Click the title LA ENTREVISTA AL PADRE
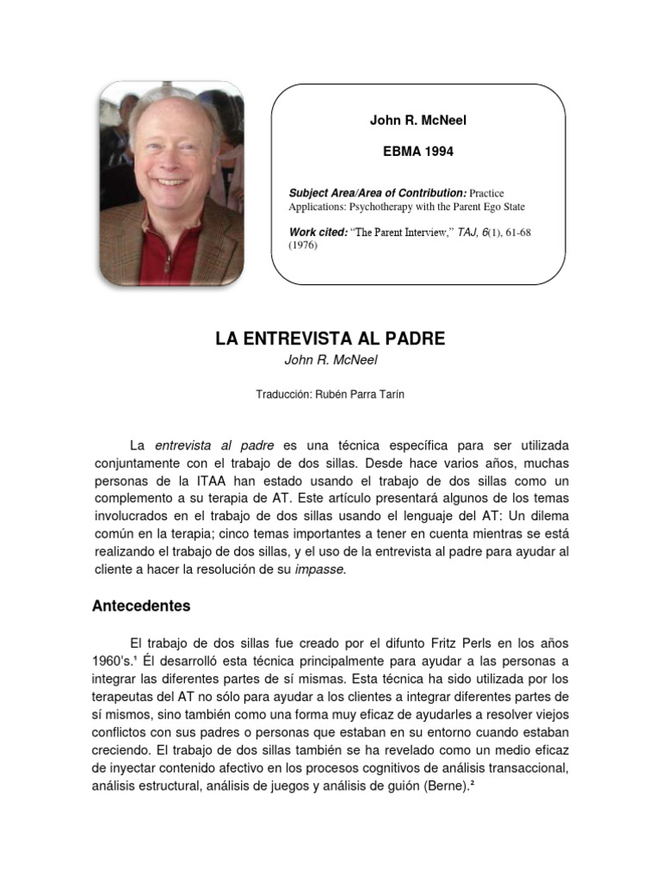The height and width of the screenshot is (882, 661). click(330, 339)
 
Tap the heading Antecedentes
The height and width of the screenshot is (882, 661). click(141, 606)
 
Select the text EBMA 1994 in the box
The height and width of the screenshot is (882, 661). click(417, 151)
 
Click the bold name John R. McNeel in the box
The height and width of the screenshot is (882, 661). click(417, 121)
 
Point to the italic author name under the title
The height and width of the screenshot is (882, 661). click(330, 360)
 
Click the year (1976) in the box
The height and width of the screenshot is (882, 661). click(304, 245)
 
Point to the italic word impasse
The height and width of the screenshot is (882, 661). click(320, 569)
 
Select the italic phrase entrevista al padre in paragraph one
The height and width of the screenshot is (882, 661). click(214, 445)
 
